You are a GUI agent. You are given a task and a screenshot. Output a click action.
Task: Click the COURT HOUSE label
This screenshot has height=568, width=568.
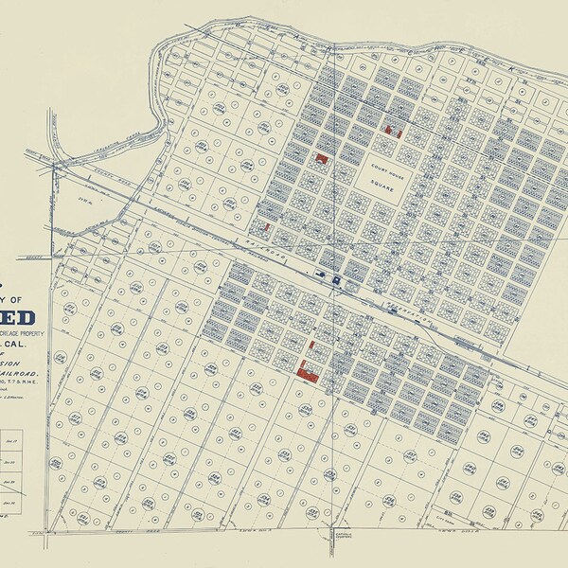387,163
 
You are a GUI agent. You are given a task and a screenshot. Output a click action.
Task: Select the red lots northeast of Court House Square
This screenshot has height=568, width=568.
393,131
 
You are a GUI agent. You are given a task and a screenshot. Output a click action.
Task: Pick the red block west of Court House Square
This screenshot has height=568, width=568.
323,160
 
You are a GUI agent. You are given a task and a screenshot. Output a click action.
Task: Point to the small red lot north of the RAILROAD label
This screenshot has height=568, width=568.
268,228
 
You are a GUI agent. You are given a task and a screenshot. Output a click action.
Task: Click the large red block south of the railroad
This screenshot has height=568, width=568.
306,369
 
